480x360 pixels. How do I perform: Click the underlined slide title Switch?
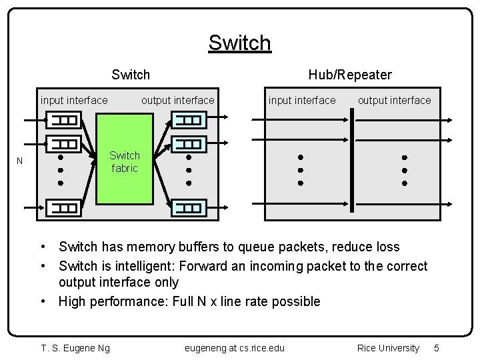coord(239,43)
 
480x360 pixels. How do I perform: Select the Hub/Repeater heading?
coord(350,75)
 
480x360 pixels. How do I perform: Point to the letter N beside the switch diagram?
coord(20,161)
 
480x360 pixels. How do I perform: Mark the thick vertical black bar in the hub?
coord(350,163)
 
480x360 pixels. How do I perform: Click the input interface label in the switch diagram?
coord(74,101)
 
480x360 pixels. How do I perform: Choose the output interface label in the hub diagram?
coord(395,101)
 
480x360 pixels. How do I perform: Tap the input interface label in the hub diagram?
coord(302,101)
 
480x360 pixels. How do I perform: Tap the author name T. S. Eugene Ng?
coord(75,348)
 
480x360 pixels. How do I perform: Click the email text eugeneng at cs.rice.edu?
coord(234,348)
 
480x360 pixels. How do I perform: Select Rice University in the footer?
coord(389,348)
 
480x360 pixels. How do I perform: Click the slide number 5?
coord(437,348)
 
